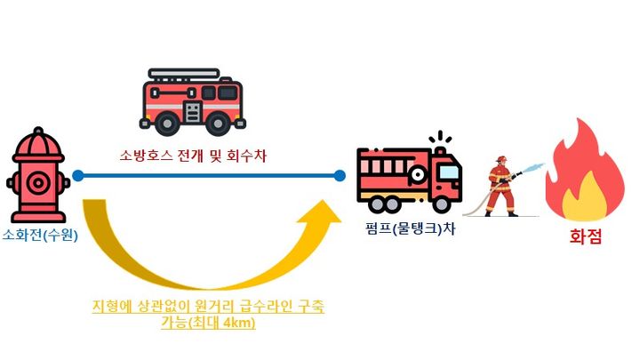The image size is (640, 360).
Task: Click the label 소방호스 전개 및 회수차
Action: coord(193,156)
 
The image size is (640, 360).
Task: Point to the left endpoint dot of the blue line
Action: coord(78,176)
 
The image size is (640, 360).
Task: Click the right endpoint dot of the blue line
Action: coord(340,176)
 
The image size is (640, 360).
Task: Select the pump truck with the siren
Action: coord(409,178)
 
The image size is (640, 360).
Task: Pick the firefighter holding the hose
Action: coord(503,187)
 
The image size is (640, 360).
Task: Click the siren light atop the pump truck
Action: coord(436,140)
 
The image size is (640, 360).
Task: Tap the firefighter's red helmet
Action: coord(501,161)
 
